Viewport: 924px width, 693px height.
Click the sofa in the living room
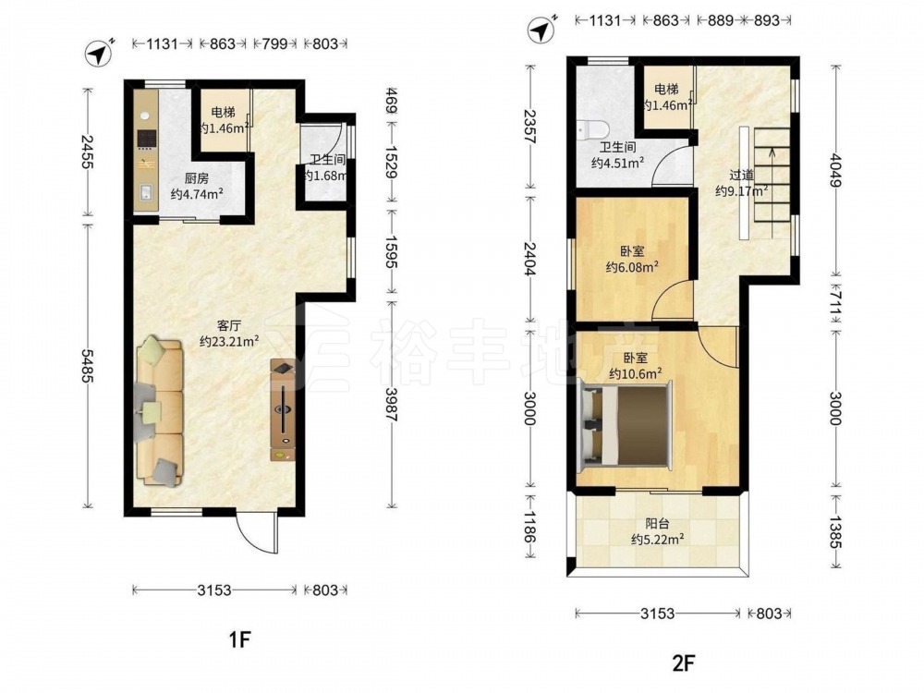(x=159, y=411)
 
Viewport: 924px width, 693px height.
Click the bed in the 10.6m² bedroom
(x=626, y=425)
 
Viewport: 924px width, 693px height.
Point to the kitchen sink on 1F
(x=146, y=192)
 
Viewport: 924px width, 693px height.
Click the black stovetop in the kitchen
(x=146, y=139)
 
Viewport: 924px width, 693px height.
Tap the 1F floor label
(x=240, y=638)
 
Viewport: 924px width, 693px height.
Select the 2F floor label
(x=684, y=663)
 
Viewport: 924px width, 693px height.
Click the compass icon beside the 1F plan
(x=99, y=53)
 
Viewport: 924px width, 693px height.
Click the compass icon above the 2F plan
(x=542, y=30)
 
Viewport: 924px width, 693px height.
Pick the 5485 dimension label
(x=87, y=365)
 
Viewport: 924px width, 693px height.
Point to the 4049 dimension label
(x=835, y=170)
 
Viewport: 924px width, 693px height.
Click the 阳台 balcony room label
(x=657, y=523)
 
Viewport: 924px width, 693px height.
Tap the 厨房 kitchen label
(x=196, y=178)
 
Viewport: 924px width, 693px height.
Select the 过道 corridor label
(x=741, y=175)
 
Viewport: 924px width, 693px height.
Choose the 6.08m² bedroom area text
(x=632, y=267)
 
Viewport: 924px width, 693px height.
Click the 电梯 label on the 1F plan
(x=224, y=112)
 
